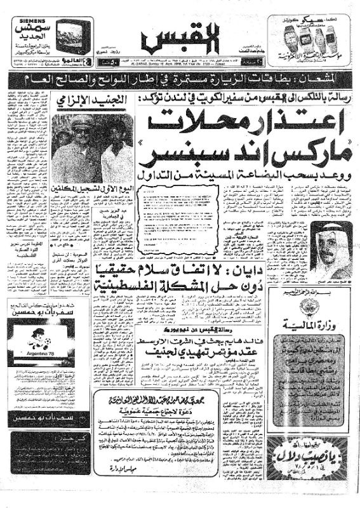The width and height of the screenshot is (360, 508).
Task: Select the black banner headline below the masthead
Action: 180,79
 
